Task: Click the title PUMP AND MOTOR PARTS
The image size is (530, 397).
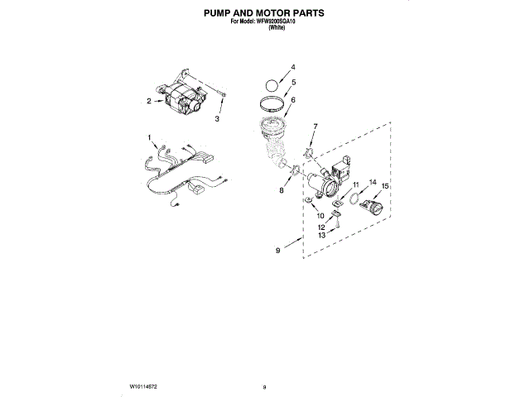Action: coord(264,14)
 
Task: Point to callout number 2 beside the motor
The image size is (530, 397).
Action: coord(149,101)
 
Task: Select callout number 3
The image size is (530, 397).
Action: coord(217,119)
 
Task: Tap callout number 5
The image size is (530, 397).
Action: coord(292,83)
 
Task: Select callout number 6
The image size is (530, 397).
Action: coord(292,100)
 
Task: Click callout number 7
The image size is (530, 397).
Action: coord(315,126)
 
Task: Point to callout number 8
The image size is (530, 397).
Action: coord(281,190)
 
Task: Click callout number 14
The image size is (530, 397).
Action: coord(372,182)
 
